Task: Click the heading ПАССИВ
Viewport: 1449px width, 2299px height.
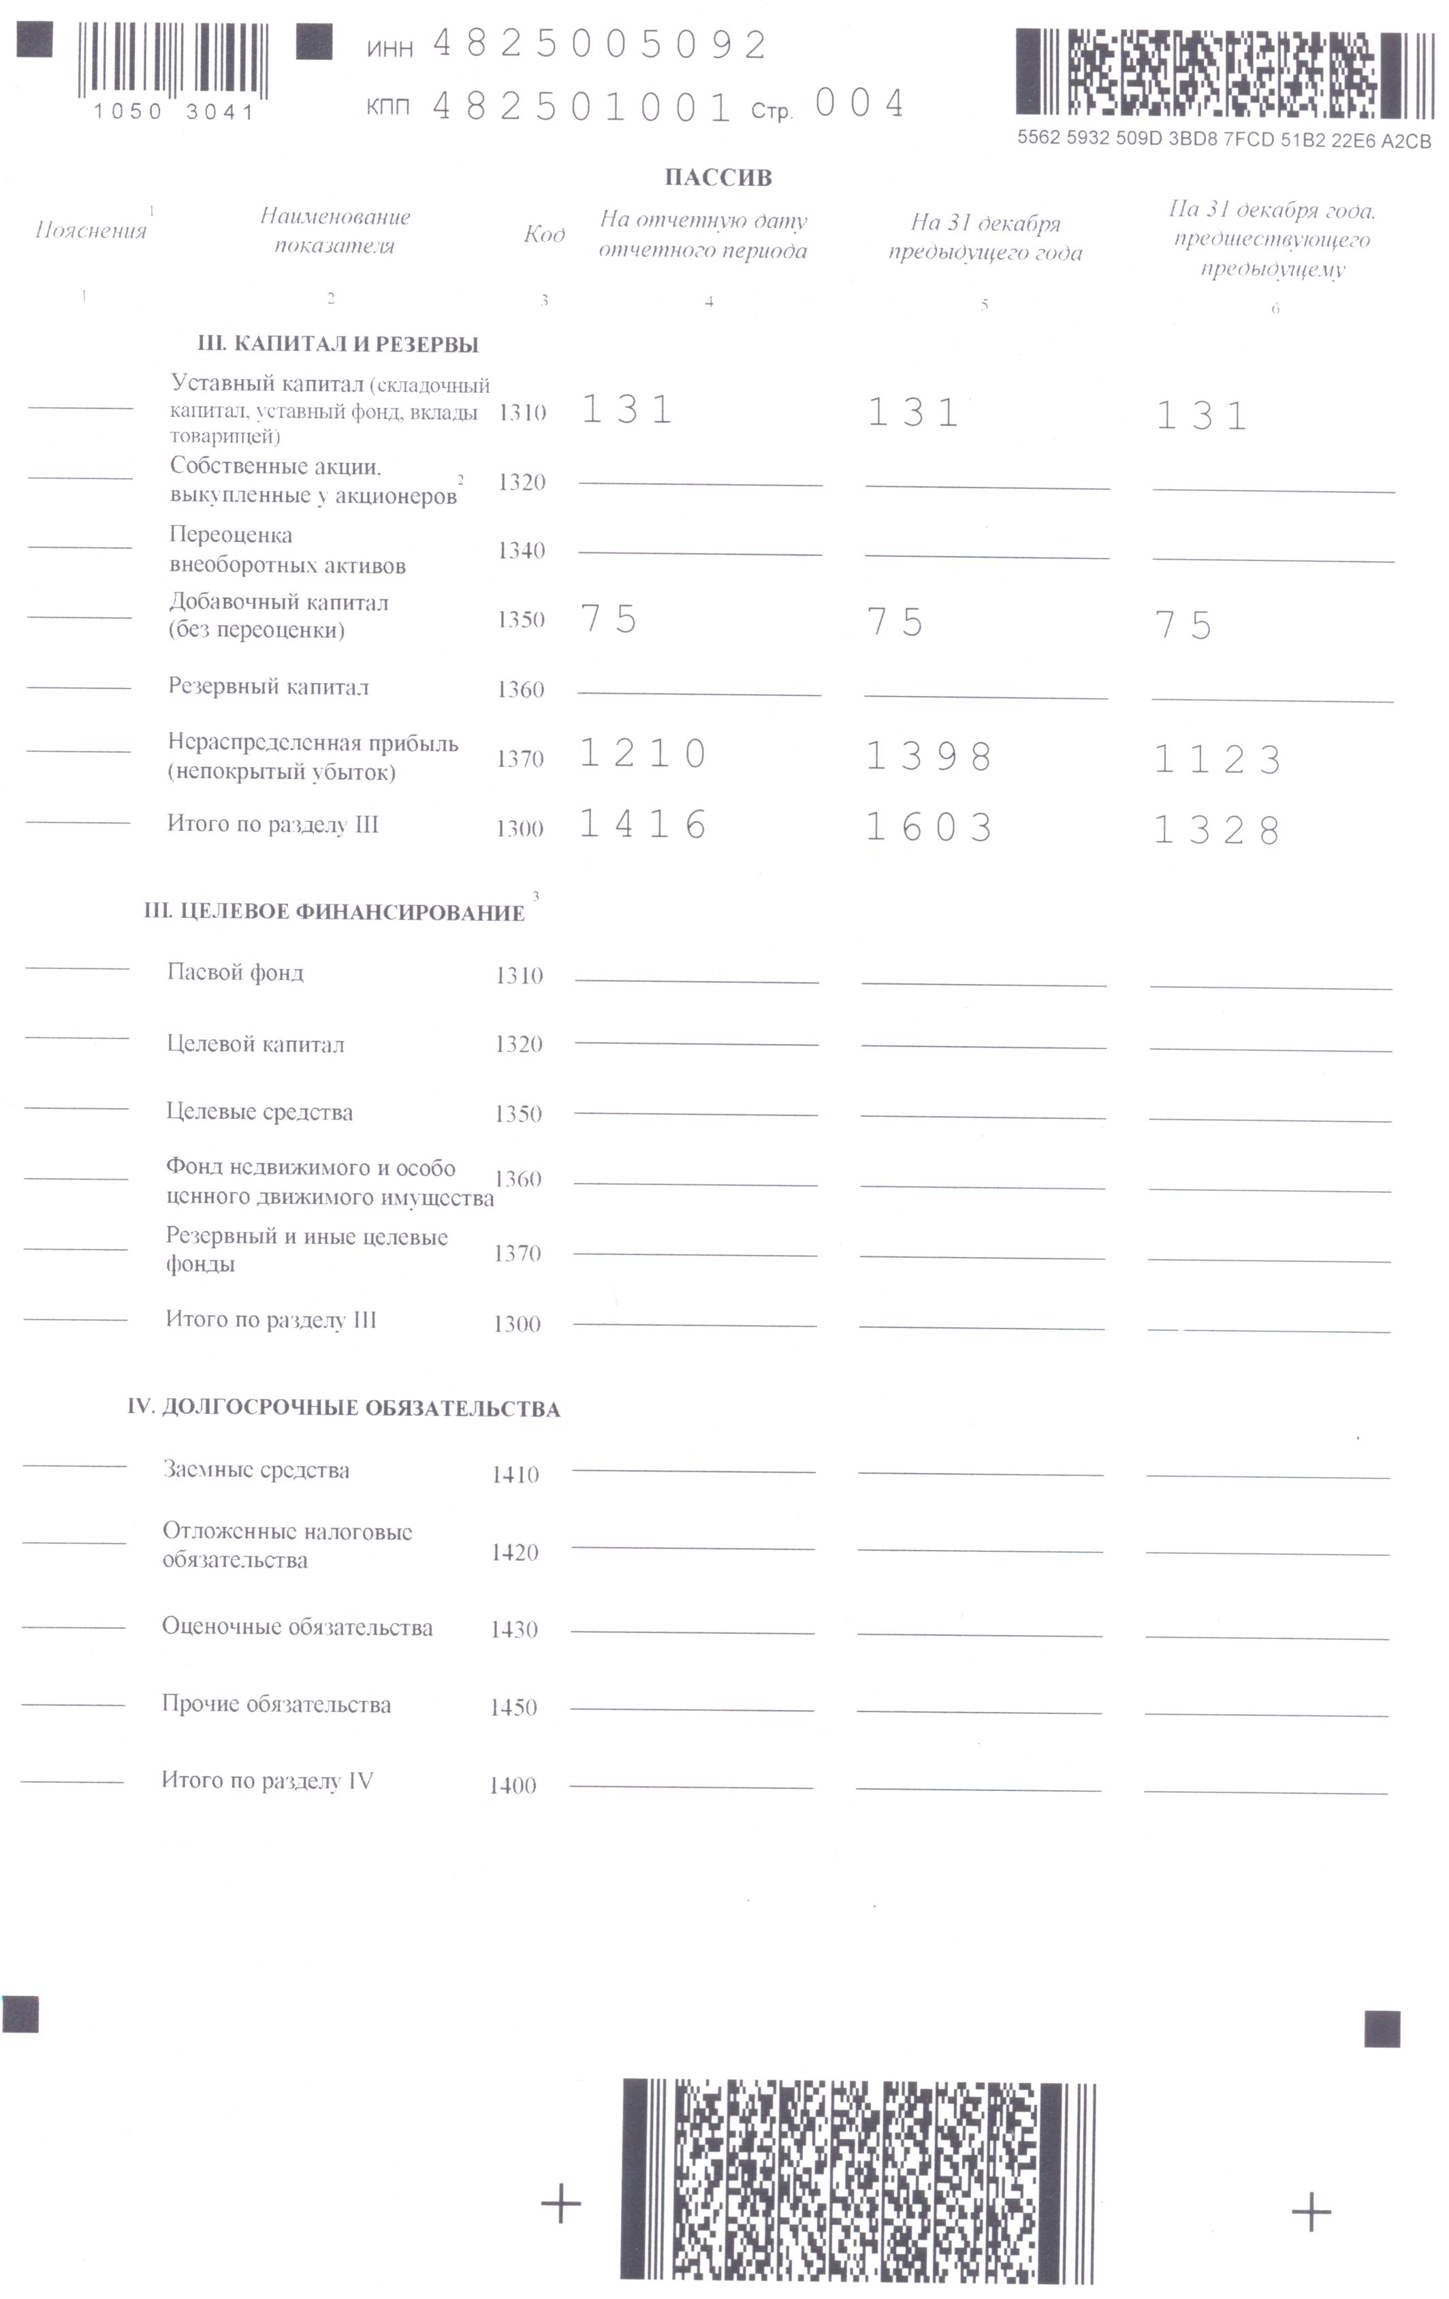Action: [x=718, y=178]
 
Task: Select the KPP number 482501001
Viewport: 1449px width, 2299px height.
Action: [x=582, y=107]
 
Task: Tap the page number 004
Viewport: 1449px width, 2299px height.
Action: [x=859, y=103]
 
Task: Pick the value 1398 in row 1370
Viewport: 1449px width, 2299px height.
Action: [x=929, y=757]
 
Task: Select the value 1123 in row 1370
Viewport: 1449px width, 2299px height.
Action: [x=1217, y=761]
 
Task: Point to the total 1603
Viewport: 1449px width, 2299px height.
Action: [x=929, y=828]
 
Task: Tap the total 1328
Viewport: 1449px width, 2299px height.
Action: [x=1217, y=831]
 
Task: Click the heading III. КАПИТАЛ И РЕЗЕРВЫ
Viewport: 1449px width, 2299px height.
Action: [x=338, y=345]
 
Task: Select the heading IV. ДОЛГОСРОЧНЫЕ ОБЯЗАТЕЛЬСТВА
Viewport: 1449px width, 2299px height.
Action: [x=344, y=1408]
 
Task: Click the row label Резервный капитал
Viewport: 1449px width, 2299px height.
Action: [x=268, y=687]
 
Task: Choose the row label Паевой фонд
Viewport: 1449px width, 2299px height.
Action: [x=235, y=973]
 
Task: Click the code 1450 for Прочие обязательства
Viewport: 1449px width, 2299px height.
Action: [x=513, y=1708]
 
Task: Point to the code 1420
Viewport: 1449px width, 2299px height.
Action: [x=515, y=1553]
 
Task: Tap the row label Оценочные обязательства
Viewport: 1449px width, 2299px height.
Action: [x=297, y=1628]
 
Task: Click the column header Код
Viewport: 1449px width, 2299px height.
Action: [x=544, y=235]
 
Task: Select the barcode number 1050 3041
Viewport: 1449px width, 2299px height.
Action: [x=174, y=112]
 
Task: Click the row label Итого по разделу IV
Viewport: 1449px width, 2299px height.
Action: [x=268, y=1781]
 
